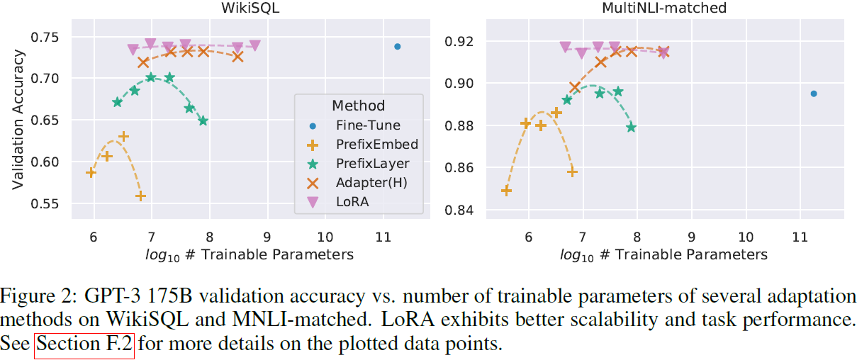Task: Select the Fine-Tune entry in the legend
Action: coord(368,125)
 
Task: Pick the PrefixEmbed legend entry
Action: coord(376,145)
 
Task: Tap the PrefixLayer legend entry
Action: coord(373,164)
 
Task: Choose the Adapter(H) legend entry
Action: coord(372,183)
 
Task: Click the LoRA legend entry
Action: coord(352,202)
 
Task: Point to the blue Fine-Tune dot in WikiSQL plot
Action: coord(398,47)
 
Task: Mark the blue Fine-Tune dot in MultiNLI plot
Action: coord(814,94)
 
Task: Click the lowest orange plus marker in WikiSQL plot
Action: coord(140,196)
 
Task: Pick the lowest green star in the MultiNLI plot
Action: coord(631,128)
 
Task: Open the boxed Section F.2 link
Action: coord(84,346)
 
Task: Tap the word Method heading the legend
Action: coord(358,106)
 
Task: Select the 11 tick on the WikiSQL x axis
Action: coord(383,236)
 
